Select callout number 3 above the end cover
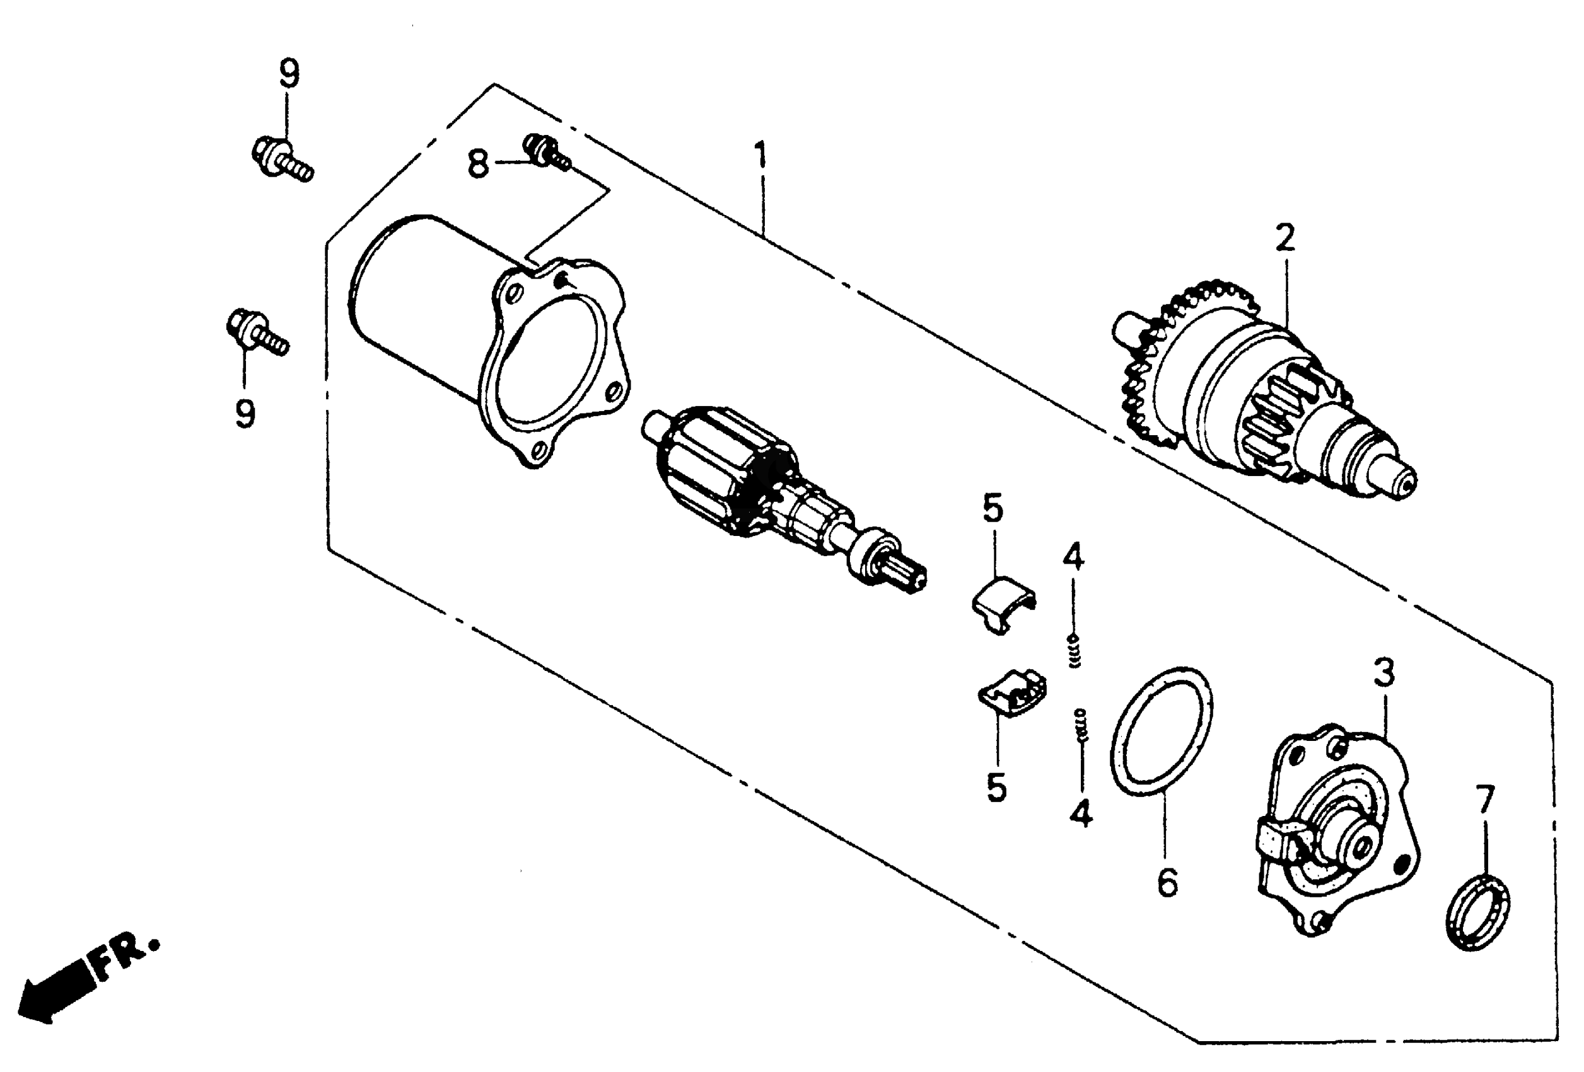[1383, 674]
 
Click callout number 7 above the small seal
[1485, 800]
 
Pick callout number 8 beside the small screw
[479, 163]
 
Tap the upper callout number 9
[289, 74]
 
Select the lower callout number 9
[245, 413]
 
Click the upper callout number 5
[993, 509]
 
